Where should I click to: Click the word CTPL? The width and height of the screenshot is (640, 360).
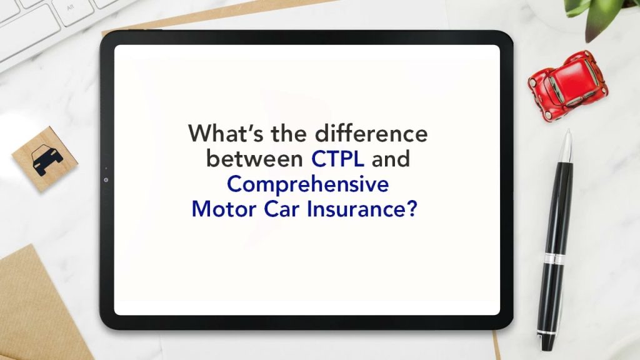click(338, 159)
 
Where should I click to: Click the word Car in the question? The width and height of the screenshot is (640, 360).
click(281, 208)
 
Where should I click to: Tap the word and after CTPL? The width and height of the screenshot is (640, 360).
click(391, 159)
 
